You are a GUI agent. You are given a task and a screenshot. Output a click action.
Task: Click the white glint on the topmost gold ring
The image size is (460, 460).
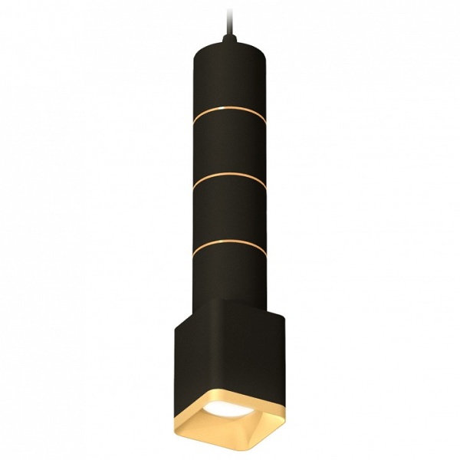214,110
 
